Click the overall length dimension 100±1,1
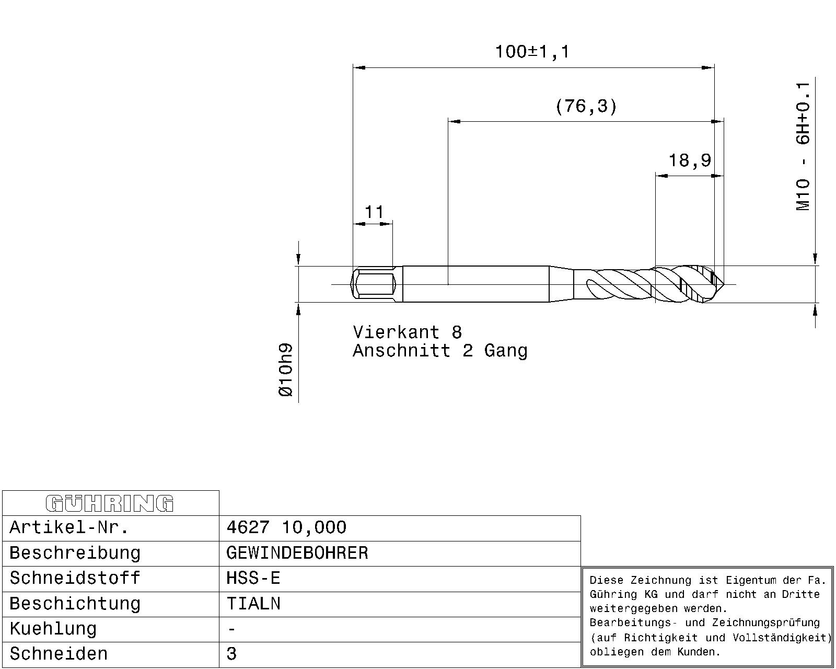(532, 52)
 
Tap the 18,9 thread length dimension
(690, 160)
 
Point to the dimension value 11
(374, 212)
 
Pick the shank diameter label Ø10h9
(285, 370)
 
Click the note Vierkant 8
(408, 332)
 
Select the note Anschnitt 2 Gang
(440, 351)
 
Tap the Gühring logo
(110, 503)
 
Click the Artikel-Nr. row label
(69, 527)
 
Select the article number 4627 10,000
(286, 527)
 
